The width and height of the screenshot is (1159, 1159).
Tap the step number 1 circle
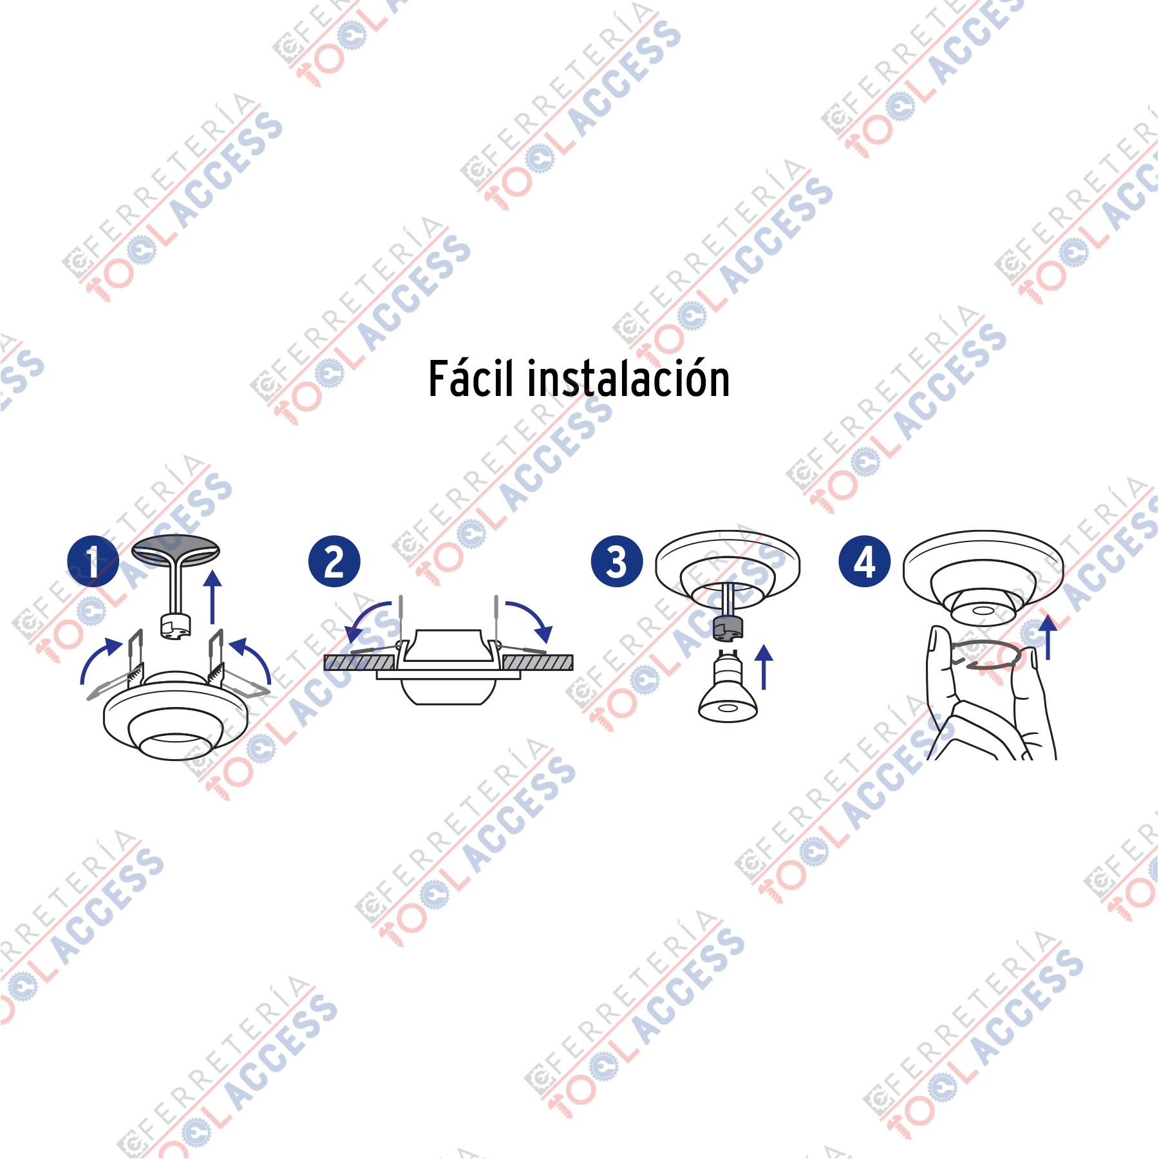pos(93,561)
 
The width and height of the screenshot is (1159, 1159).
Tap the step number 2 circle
pos(334,561)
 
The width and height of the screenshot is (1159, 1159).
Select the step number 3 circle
pos(617,561)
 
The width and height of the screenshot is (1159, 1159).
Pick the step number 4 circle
pos(864,561)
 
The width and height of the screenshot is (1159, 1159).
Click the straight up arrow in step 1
pos(212,597)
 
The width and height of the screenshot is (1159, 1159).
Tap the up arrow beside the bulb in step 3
pos(764,667)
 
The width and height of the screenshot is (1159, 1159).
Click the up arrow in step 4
pos(1048,637)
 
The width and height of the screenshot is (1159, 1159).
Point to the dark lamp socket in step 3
pos(728,628)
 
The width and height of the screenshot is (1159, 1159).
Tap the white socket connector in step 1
pos(176,627)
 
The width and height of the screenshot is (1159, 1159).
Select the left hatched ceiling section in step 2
pos(359,663)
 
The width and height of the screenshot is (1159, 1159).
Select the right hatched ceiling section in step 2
pos(537,663)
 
